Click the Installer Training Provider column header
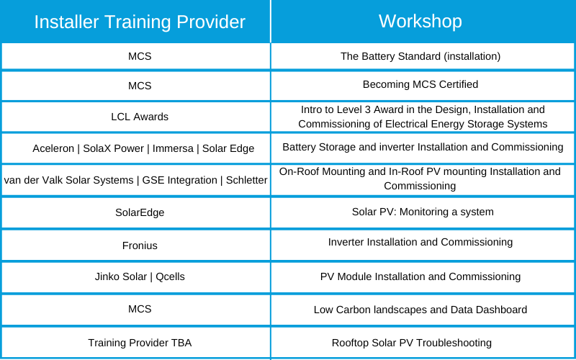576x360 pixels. pos(140,22)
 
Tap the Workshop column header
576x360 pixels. pos(420,21)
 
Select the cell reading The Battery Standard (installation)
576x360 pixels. pos(420,56)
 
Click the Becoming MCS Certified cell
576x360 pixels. pos(420,84)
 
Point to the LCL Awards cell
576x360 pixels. pos(140,117)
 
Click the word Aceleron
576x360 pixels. pos(53,148)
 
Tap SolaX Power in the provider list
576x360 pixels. pos(113,148)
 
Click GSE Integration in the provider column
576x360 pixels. pos(179,181)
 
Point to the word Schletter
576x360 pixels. pos(246,181)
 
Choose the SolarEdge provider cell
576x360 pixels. pos(140,212)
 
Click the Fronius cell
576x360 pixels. pos(140,246)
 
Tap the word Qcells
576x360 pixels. pos(170,276)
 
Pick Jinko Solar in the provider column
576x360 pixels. pos(120,276)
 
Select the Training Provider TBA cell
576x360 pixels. pos(140,343)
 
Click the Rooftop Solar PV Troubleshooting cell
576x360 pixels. pos(411,343)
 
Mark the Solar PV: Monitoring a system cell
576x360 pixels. pos(423,212)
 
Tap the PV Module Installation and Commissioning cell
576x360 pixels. pos(420,276)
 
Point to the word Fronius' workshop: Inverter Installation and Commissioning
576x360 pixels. pos(420,242)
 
